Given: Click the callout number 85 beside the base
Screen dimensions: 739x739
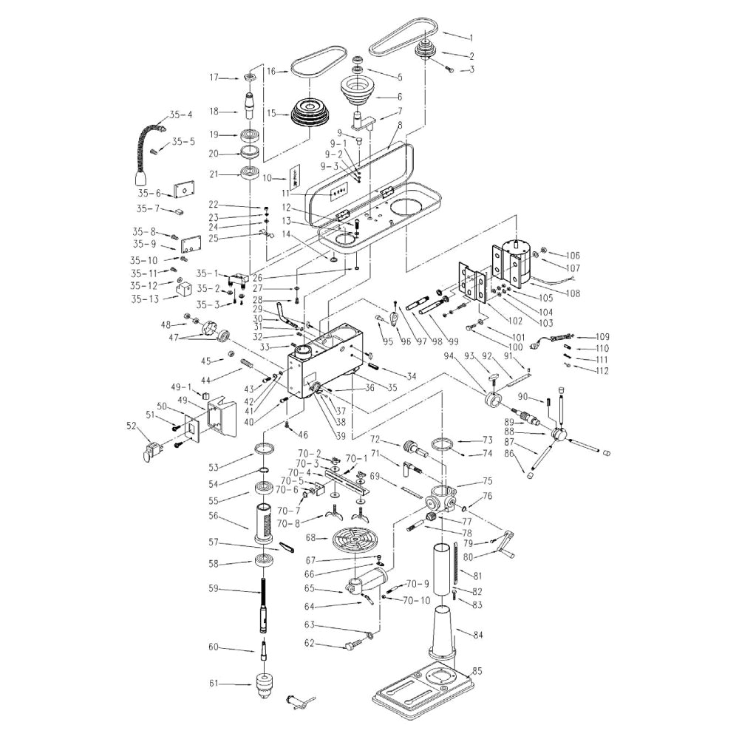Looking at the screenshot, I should coord(477,671).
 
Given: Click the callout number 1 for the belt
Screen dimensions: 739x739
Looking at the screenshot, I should coord(471,37).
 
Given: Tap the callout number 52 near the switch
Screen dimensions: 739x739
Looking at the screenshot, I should coord(132,425).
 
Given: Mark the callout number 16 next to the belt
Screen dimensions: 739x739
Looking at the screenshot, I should coord(272,71).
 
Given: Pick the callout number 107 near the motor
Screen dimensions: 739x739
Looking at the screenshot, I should coord(573,268).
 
